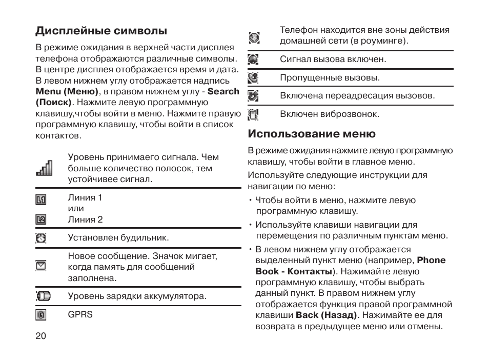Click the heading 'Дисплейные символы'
click(x=101, y=31)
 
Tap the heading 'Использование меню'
click(x=312, y=134)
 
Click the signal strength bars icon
click(x=44, y=168)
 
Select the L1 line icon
click(x=41, y=198)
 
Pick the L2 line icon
click(x=41, y=219)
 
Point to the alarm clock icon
click(x=41, y=237)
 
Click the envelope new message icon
click(x=41, y=265)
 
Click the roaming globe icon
click(x=254, y=37)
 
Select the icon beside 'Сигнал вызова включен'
click(x=253, y=59)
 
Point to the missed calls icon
click(x=253, y=78)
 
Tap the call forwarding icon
click(x=253, y=96)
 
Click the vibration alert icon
click(x=253, y=114)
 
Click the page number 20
click(x=41, y=336)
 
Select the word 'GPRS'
click(x=80, y=314)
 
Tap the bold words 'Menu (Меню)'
click(x=67, y=91)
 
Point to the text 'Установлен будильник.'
click(x=118, y=237)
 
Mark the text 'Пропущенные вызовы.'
click(x=330, y=78)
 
